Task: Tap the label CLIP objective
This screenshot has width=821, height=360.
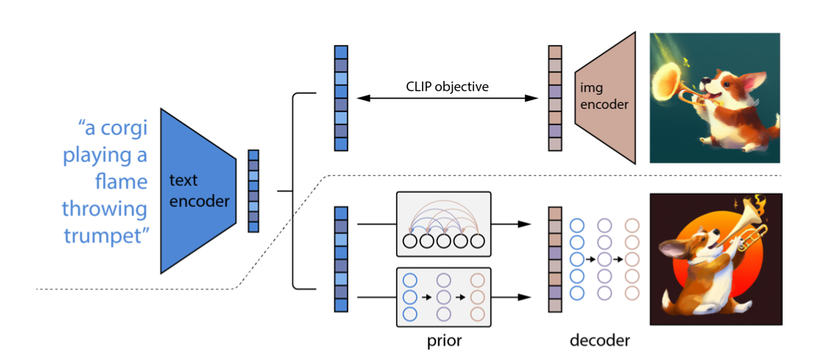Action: pos(447,86)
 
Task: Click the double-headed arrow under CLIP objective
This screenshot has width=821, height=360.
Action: pos(447,98)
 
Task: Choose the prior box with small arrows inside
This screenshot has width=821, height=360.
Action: pos(443,297)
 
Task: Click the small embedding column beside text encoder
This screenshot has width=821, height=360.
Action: pos(254,191)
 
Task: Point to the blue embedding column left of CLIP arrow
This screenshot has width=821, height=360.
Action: pos(341,98)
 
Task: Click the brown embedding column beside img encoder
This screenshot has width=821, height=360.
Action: pos(555,98)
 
